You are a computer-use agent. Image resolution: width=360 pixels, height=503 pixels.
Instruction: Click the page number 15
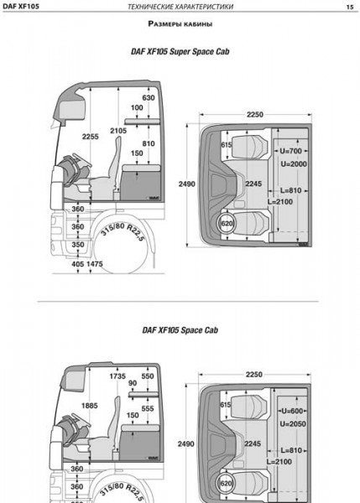(x=350, y=7)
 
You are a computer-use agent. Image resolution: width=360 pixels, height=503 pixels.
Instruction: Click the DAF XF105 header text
(x=21, y=6)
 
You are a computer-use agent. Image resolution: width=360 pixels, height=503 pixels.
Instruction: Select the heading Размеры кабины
(x=180, y=23)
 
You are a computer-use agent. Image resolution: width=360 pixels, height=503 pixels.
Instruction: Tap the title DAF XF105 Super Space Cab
(x=180, y=51)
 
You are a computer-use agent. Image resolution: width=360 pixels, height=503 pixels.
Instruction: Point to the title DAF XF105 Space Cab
(x=180, y=330)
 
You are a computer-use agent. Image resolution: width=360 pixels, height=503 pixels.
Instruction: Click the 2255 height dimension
(x=91, y=137)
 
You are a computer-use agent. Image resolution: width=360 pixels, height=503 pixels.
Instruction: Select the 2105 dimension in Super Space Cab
(x=118, y=131)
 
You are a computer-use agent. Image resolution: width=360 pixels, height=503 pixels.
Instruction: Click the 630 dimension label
(x=149, y=98)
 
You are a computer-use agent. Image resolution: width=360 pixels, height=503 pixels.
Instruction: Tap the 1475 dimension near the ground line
(x=95, y=264)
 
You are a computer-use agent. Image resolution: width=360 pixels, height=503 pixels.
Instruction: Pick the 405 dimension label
(x=78, y=264)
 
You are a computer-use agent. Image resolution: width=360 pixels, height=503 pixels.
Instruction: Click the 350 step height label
(x=78, y=245)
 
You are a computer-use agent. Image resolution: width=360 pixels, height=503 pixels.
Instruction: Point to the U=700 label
(x=290, y=151)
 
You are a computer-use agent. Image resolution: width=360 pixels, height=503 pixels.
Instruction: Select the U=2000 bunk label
(x=294, y=164)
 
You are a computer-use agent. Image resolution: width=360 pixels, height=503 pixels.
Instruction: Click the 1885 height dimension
(x=89, y=406)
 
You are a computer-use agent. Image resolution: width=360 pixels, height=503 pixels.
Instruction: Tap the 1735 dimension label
(x=117, y=376)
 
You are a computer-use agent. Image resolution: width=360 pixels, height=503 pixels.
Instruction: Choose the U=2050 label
(x=293, y=424)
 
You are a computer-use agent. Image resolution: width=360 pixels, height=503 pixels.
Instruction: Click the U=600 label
(x=292, y=411)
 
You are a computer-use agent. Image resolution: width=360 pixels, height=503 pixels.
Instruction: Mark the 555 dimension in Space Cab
(x=148, y=409)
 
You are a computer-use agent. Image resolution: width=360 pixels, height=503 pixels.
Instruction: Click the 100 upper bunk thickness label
(x=137, y=108)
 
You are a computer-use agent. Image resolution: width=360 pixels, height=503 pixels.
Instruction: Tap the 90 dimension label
(x=133, y=383)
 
